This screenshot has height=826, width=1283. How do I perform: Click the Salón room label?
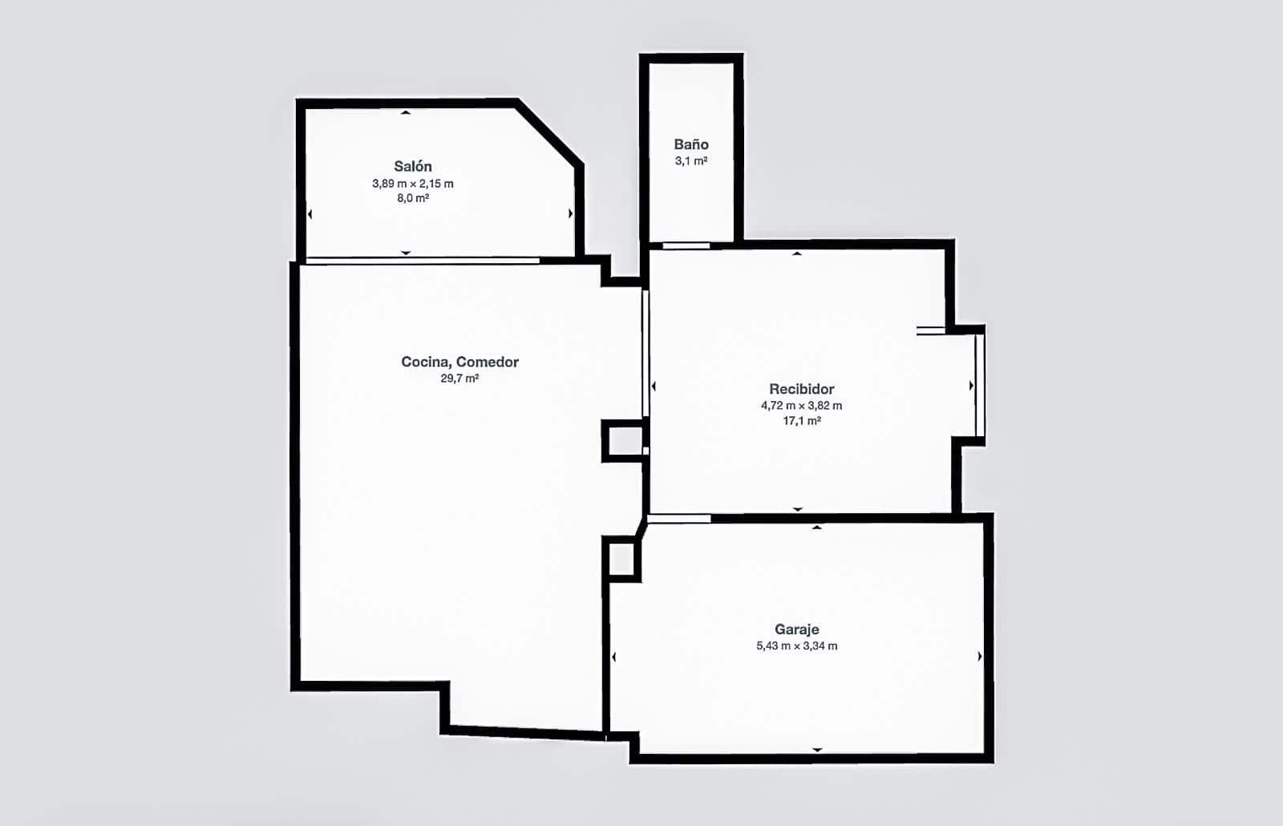[x=413, y=166]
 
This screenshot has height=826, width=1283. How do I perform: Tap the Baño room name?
[x=691, y=144]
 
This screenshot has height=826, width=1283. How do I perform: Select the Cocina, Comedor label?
[x=459, y=362]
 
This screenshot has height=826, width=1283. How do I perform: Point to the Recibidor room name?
[x=801, y=389]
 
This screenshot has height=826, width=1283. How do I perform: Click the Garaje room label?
[x=796, y=630]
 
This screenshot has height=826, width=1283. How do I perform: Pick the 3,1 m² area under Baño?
[x=691, y=161]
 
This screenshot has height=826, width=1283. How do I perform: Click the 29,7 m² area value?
[x=459, y=379]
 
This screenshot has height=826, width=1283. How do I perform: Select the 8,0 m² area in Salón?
[x=413, y=198]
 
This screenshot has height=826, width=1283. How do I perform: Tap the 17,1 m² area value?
[x=801, y=421]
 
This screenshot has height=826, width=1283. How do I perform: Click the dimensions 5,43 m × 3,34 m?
[x=796, y=646]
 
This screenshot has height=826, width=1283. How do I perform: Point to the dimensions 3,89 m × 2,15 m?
[x=413, y=184]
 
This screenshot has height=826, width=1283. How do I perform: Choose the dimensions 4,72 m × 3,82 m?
[x=801, y=406]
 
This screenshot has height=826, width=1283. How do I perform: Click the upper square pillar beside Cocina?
[x=622, y=441]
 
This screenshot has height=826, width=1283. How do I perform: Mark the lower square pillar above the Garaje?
[x=621, y=558]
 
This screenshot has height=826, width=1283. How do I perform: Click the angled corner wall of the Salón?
[x=549, y=133]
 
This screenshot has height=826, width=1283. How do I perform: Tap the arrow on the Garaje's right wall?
[x=980, y=657]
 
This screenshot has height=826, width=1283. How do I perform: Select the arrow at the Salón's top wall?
[x=406, y=113]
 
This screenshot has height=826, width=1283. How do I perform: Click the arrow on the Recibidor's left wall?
[x=654, y=387]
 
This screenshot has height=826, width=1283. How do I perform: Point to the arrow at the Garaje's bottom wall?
[x=817, y=750]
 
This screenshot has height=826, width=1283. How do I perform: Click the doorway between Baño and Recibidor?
[x=686, y=245]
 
